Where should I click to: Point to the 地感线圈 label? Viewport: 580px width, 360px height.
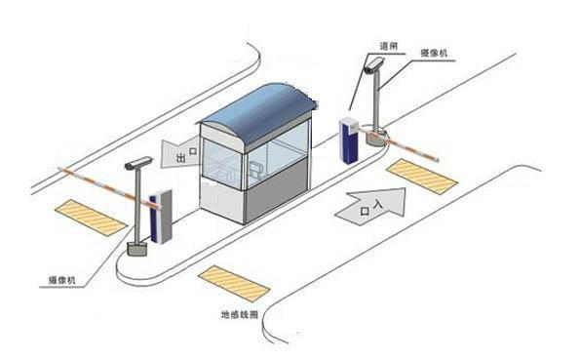click(x=238, y=316)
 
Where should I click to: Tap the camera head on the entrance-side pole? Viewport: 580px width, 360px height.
click(x=371, y=65)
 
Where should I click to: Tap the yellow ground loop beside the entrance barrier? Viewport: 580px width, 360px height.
click(x=421, y=174)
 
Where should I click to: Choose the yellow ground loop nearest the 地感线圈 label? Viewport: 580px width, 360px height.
click(x=234, y=283)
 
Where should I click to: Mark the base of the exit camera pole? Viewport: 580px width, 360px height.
click(x=138, y=248)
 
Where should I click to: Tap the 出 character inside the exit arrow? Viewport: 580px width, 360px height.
click(x=180, y=156)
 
